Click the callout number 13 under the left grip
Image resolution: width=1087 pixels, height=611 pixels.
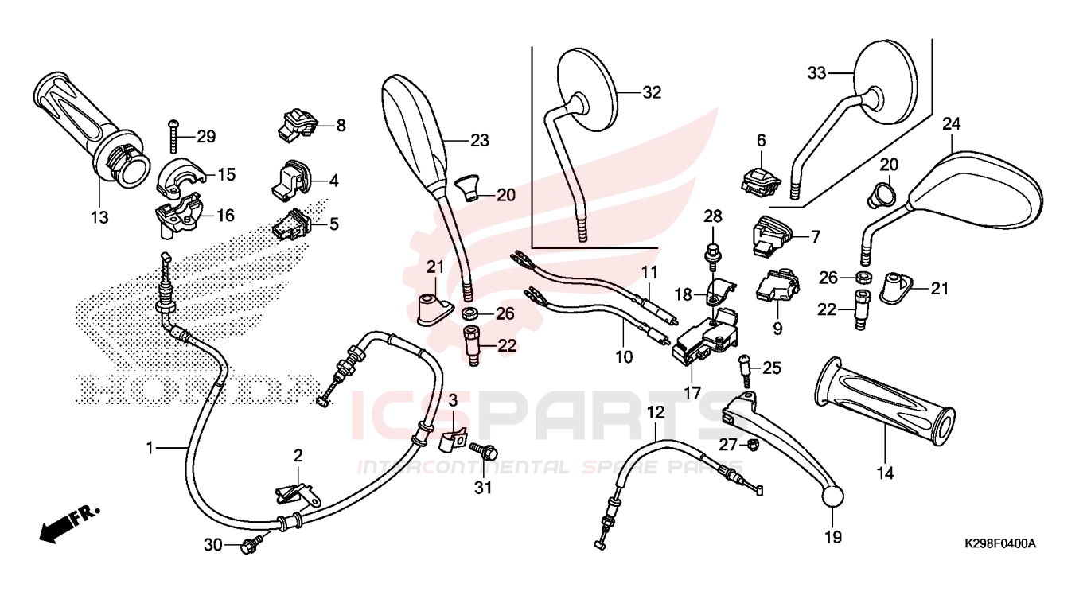point(99,216)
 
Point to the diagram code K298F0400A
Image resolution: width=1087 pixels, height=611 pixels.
point(1000,543)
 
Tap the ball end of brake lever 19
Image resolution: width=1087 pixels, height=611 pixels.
point(832,495)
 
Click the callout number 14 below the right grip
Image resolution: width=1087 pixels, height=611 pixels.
point(885,473)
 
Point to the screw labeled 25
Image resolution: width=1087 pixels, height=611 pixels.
point(746,368)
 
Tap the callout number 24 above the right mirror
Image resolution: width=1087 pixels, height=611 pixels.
point(952,124)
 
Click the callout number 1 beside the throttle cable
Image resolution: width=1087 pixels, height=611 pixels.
point(149,448)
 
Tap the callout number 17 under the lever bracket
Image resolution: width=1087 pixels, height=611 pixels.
point(692,392)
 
